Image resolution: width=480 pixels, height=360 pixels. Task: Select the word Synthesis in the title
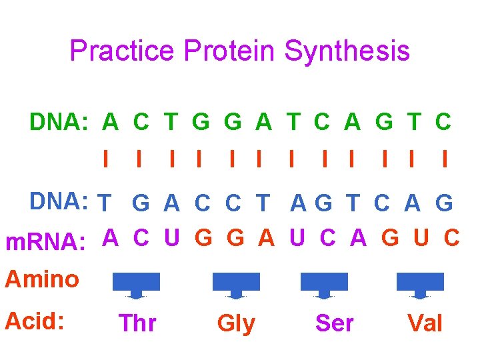(347, 51)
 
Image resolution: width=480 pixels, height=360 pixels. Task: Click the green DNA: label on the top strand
(59, 123)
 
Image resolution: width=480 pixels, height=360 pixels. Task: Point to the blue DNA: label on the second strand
(59, 201)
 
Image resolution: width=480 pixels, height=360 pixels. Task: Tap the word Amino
(42, 279)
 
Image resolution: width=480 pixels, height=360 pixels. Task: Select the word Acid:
(35, 322)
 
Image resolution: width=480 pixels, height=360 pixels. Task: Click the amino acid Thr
(137, 323)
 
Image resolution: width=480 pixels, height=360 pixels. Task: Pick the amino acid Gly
(236, 323)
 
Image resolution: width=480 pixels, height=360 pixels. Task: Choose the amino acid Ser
(334, 323)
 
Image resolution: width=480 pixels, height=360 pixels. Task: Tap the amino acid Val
(425, 323)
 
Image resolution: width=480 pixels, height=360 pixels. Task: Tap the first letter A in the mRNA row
(111, 238)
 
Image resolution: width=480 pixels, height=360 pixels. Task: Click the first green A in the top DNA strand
(111, 123)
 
